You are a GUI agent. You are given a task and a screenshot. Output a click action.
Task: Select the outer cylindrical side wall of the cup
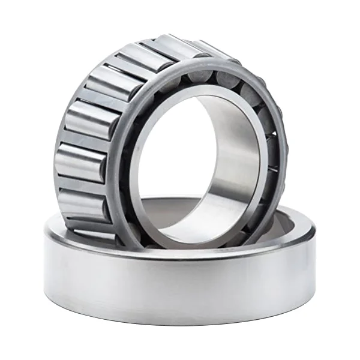click(180, 288)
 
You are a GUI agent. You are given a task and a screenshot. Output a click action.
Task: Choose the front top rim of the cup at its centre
click(180, 251)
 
